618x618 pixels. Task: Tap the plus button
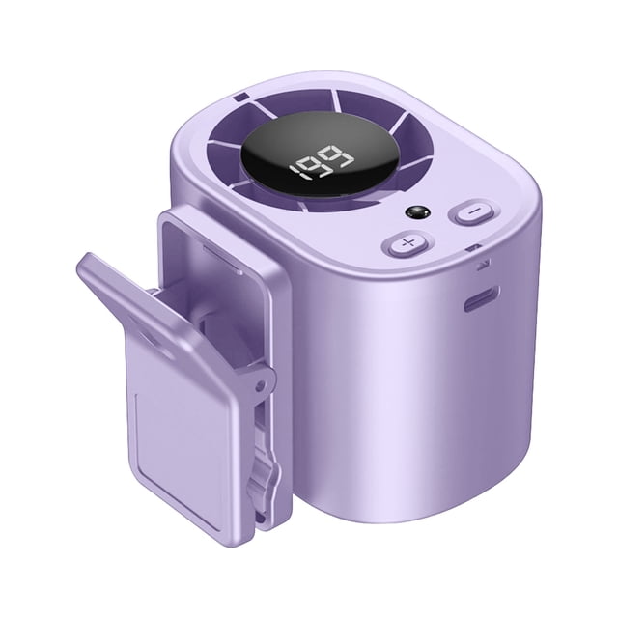click(406, 243)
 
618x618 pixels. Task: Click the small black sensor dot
click(417, 213)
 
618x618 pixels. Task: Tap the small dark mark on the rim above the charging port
click(473, 248)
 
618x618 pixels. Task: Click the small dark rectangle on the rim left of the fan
click(240, 98)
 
